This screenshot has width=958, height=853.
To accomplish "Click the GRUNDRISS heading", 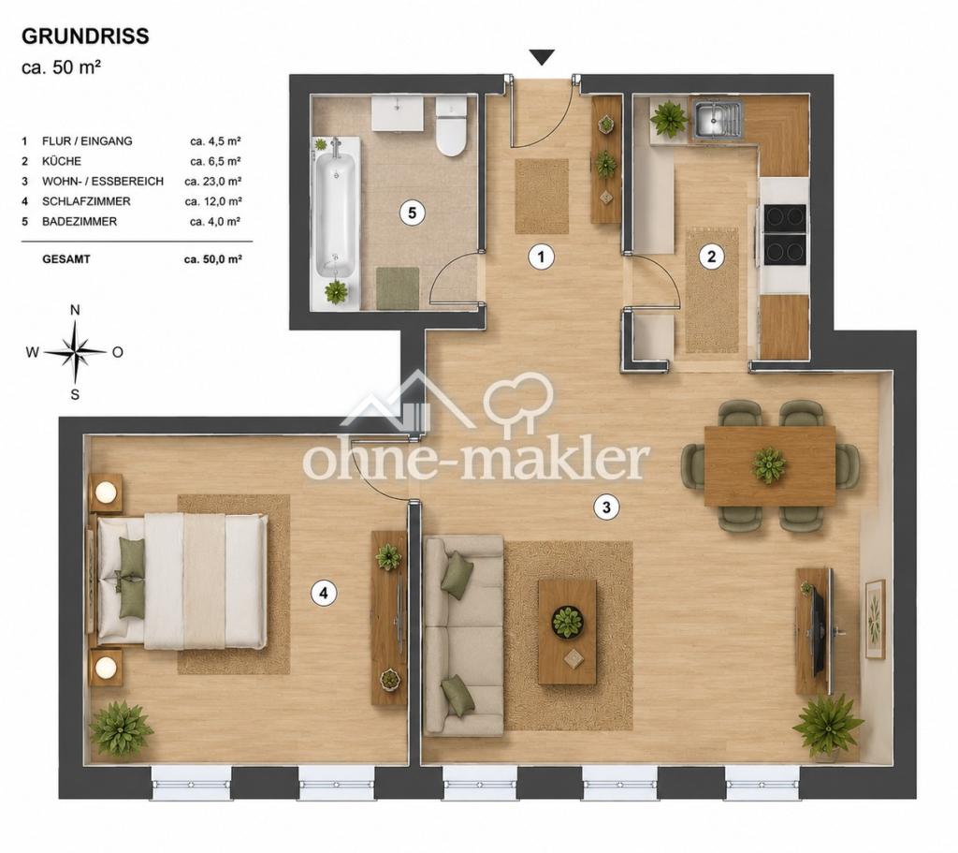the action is click(x=85, y=37).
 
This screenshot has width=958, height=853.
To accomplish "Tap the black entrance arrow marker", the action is click(x=542, y=57).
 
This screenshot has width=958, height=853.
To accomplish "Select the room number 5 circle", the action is click(x=413, y=213).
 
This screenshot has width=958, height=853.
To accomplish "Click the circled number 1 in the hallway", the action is click(x=541, y=257).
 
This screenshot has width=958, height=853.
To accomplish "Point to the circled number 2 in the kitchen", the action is click(x=711, y=257).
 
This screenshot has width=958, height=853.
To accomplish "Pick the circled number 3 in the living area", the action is click(x=606, y=507).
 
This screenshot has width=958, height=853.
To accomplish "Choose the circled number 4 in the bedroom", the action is click(x=324, y=593).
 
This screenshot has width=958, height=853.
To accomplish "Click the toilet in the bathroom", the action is click(x=451, y=126).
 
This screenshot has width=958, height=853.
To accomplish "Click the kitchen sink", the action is click(x=718, y=119).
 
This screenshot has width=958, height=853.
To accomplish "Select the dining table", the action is click(x=770, y=466).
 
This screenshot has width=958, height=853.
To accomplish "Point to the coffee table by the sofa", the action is click(x=567, y=632).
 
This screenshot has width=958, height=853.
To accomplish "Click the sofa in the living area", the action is click(x=464, y=636).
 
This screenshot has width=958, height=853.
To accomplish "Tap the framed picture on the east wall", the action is click(x=875, y=619).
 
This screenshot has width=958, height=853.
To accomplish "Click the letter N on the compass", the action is click(x=75, y=310).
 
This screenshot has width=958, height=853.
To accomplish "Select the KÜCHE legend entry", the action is click(x=62, y=161).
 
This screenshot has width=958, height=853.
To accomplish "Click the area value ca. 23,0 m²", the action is click(x=212, y=181).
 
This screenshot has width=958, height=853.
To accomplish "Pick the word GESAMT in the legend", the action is click(x=66, y=259).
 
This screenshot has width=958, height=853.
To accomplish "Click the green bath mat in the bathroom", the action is click(x=397, y=288).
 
